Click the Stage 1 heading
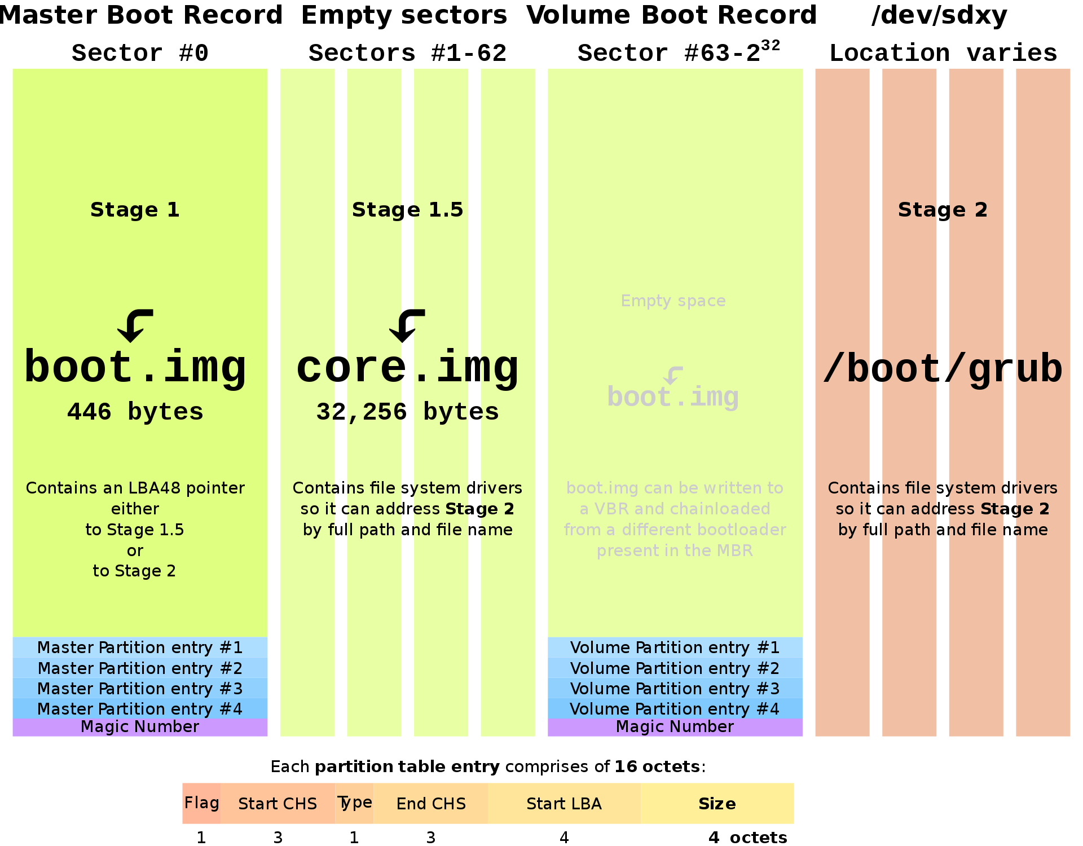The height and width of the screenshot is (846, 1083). click(135, 210)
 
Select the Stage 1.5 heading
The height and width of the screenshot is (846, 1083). click(407, 210)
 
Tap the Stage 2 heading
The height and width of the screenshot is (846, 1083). click(943, 210)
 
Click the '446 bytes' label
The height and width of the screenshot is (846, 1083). click(135, 412)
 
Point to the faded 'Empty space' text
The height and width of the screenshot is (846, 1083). click(673, 301)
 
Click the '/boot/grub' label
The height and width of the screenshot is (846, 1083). click(943, 369)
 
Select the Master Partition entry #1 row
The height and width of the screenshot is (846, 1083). click(140, 647)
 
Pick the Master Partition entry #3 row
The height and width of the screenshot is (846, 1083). click(140, 689)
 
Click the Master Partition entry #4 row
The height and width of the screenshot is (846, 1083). click(140, 709)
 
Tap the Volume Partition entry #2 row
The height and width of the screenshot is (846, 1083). click(675, 668)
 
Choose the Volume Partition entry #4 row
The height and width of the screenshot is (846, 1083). click(675, 709)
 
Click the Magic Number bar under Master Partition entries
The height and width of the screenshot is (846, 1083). click(140, 727)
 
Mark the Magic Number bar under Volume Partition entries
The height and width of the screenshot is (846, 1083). click(675, 727)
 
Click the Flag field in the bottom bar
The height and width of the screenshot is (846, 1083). click(201, 803)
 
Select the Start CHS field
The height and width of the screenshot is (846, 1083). click(278, 803)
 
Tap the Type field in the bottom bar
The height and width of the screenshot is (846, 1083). click(354, 803)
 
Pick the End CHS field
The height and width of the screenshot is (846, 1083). click(431, 803)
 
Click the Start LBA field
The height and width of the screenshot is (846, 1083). click(564, 803)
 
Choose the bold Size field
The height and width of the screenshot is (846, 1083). click(717, 803)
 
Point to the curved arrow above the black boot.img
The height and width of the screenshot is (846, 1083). click(135, 325)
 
